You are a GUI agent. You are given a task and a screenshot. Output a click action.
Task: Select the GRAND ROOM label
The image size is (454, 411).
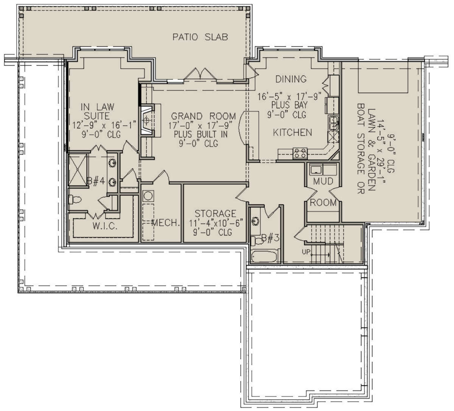coord(203,116)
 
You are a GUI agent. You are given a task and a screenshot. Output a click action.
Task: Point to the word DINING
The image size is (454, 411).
coord(291,79)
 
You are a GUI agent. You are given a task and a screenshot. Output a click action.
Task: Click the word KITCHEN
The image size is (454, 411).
coord(292,132)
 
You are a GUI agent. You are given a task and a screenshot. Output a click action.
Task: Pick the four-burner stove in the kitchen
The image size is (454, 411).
coord(300,153)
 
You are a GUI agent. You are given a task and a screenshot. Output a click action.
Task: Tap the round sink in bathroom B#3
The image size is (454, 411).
coord(256,221)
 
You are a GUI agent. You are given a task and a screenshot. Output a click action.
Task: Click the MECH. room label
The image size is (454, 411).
coord(165,223)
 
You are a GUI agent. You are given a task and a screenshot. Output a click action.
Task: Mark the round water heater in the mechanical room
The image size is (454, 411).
coord(148,196)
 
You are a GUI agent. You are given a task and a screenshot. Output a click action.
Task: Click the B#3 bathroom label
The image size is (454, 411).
coord(270,238)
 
